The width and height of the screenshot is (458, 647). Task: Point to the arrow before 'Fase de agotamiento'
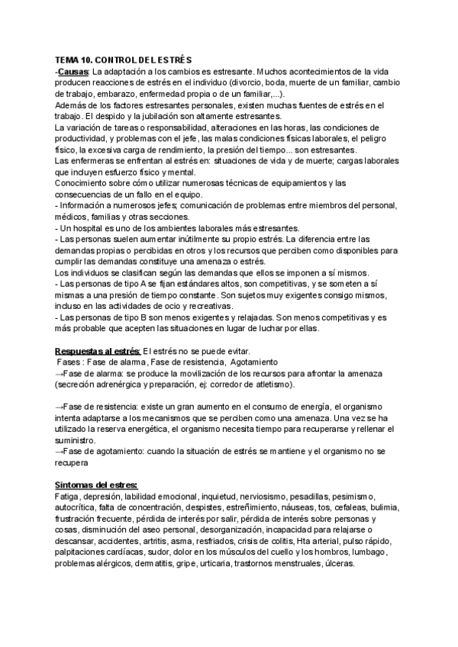tap(60, 452)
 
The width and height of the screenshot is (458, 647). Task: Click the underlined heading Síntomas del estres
tap(96, 484)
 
